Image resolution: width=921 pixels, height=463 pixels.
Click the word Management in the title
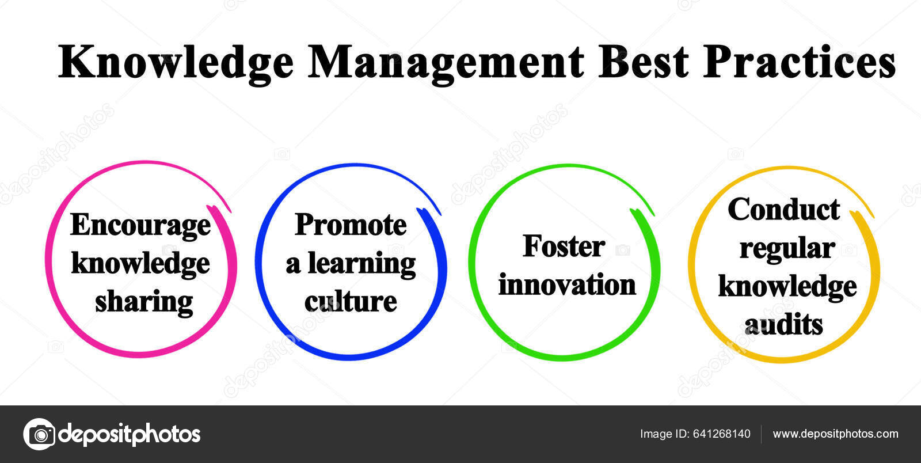tap(446, 62)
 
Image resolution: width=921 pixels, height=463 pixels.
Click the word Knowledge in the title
tap(176, 62)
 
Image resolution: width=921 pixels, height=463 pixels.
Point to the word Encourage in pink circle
tap(140, 225)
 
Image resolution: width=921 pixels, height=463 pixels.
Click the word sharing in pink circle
tap(144, 302)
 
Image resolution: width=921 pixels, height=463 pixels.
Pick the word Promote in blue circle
tap(351, 225)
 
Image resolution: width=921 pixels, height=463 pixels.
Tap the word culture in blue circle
tap(351, 301)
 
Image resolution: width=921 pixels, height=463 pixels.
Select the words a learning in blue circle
tap(351, 263)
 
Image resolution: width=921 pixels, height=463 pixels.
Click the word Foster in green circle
tap(564, 246)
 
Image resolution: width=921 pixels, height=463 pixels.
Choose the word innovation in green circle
tap(567, 284)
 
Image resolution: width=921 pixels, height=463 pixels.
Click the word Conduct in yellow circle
tap(783, 209)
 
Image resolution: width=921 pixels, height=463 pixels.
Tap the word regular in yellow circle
tap(787, 248)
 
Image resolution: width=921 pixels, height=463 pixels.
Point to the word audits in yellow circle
tap(783, 325)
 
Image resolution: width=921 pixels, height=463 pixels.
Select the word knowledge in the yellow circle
tap(787, 286)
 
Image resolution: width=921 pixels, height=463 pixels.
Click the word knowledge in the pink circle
tap(140, 263)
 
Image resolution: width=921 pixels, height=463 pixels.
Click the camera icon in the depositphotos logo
tap(39, 434)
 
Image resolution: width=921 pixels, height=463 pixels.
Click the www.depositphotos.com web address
tap(835, 434)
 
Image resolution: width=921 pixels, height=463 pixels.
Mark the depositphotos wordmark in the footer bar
tap(130, 434)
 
